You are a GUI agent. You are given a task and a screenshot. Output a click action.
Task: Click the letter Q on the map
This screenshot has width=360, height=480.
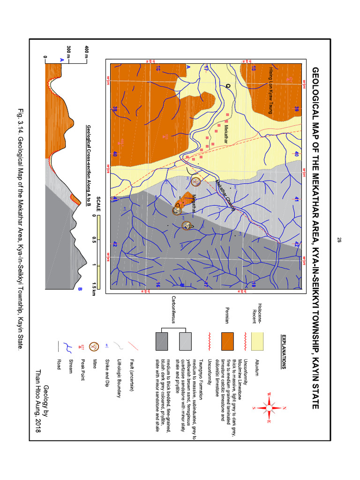(x=228, y=86)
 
